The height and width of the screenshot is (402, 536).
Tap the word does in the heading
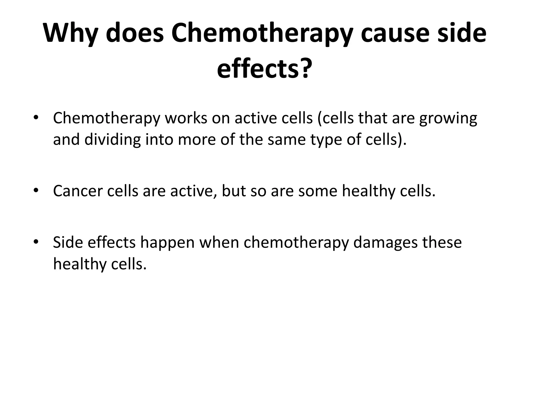click(x=135, y=33)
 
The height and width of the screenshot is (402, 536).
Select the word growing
click(x=448, y=119)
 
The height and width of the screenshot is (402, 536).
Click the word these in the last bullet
click(x=442, y=242)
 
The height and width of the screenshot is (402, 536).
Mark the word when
click(x=219, y=242)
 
